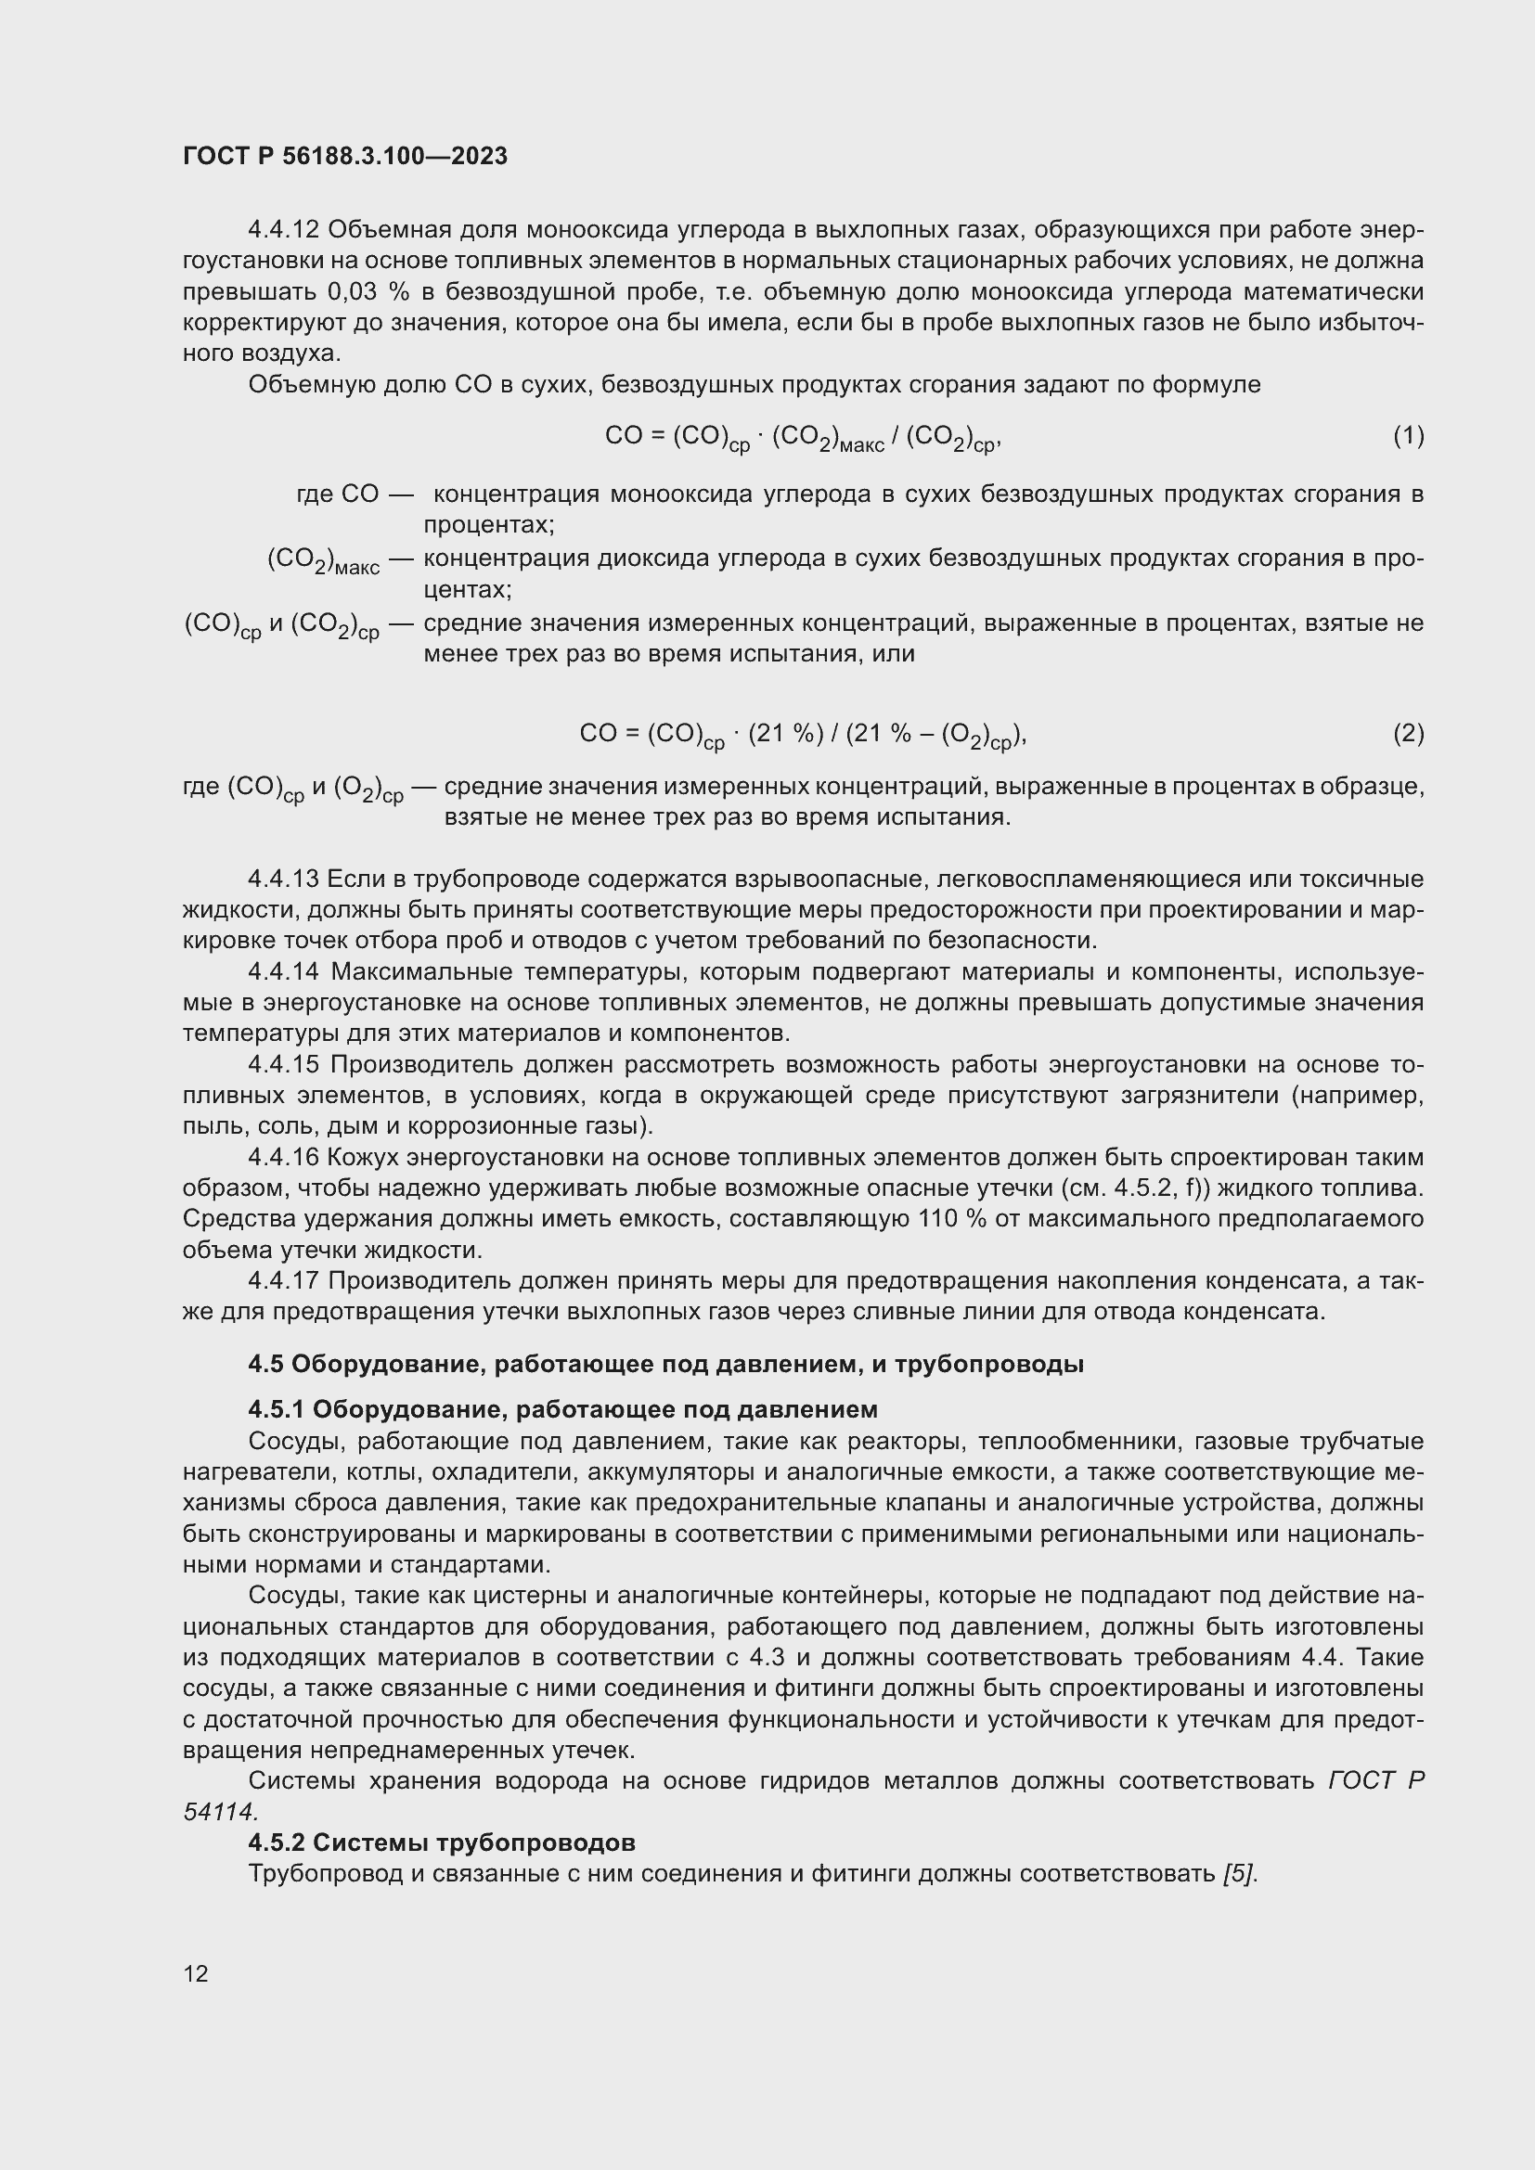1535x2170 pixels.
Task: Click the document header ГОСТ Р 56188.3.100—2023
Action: (345, 156)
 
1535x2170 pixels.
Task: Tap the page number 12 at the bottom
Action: (196, 1973)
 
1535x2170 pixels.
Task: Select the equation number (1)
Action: (1408, 436)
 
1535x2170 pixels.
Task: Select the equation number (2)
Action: (1408, 734)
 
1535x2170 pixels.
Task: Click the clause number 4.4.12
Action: (284, 230)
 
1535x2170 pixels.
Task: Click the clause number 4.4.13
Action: (284, 879)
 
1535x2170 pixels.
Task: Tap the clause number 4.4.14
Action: (284, 971)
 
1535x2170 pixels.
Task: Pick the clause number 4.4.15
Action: (284, 1064)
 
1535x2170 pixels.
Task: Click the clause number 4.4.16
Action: (284, 1157)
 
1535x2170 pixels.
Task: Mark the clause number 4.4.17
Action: (284, 1280)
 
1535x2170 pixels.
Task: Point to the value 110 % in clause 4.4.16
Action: (952, 1219)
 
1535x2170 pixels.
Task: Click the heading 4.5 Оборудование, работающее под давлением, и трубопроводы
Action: (665, 1364)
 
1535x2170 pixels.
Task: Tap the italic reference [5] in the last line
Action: (1239, 1873)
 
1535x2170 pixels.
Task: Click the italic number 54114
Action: (219, 1812)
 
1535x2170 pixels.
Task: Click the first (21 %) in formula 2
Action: (784, 734)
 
